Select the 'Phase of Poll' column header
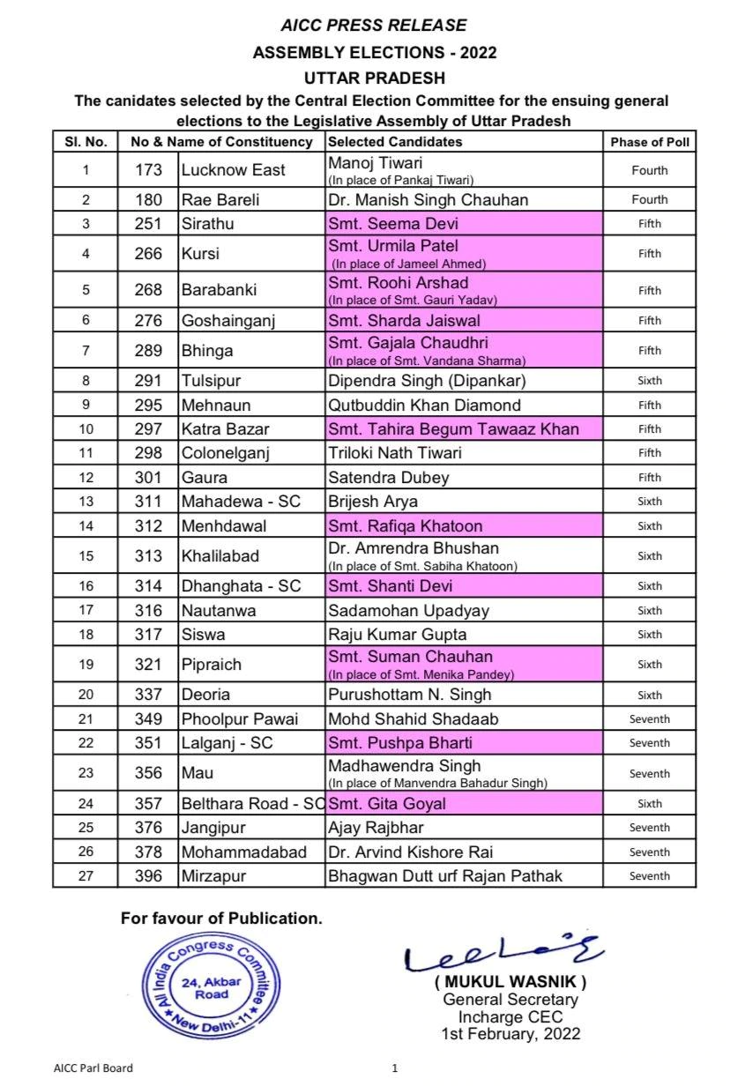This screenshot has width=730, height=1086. [x=650, y=141]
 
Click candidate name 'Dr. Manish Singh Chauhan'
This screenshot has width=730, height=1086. [x=428, y=200]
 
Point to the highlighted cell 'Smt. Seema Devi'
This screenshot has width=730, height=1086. [x=393, y=224]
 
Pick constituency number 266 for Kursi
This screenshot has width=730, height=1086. [x=148, y=254]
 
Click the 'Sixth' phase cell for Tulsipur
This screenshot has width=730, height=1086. [x=650, y=382]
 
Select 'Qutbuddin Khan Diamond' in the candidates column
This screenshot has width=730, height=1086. [x=423, y=405]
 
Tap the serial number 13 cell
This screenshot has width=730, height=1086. [x=85, y=502]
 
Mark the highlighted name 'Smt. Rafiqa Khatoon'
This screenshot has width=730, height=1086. [x=405, y=526]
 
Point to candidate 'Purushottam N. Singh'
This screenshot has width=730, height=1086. [x=409, y=695]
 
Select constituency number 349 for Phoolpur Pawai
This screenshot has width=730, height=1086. [x=148, y=719]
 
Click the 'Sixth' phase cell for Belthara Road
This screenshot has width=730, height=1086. [x=650, y=804]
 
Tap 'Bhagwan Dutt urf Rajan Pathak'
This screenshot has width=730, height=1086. [x=444, y=876]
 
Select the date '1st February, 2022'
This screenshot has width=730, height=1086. [x=510, y=1034]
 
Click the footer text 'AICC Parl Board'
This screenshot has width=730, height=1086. [x=93, y=1068]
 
